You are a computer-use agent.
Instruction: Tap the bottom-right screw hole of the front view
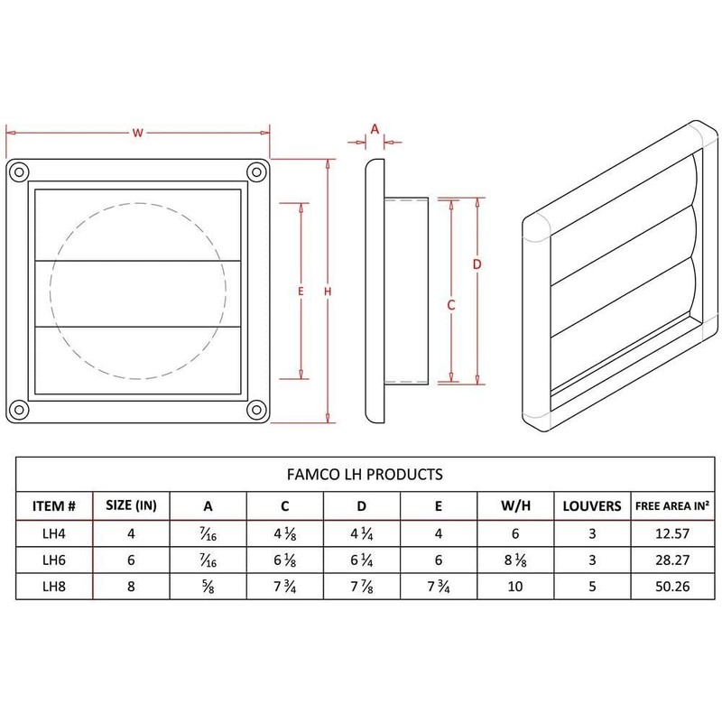pos(256,407)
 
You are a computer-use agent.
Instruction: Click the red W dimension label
pos(138,133)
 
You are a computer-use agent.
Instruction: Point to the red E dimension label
pos(299,291)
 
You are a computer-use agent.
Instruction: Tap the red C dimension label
pos(450,305)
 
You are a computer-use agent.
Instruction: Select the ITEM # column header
pos(60,505)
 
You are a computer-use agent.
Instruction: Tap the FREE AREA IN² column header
pos(671,505)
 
